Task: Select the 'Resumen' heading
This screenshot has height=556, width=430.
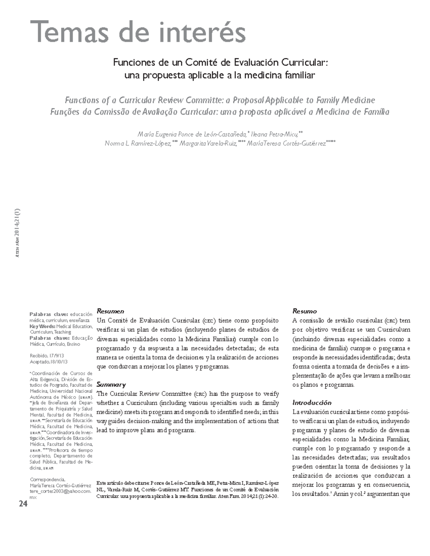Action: point(110,311)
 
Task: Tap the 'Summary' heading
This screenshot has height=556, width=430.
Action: point(111,385)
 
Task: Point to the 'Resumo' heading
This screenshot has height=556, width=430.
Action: point(304,311)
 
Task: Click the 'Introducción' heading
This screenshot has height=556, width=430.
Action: point(312,402)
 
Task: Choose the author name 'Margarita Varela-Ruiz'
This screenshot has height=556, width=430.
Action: point(207,144)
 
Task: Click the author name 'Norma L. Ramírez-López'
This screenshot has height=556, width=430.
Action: point(137,144)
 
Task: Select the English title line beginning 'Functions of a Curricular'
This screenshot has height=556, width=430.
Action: point(220,100)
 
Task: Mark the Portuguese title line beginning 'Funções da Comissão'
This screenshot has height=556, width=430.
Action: point(220,112)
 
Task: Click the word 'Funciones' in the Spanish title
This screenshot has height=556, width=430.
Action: point(130,63)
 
